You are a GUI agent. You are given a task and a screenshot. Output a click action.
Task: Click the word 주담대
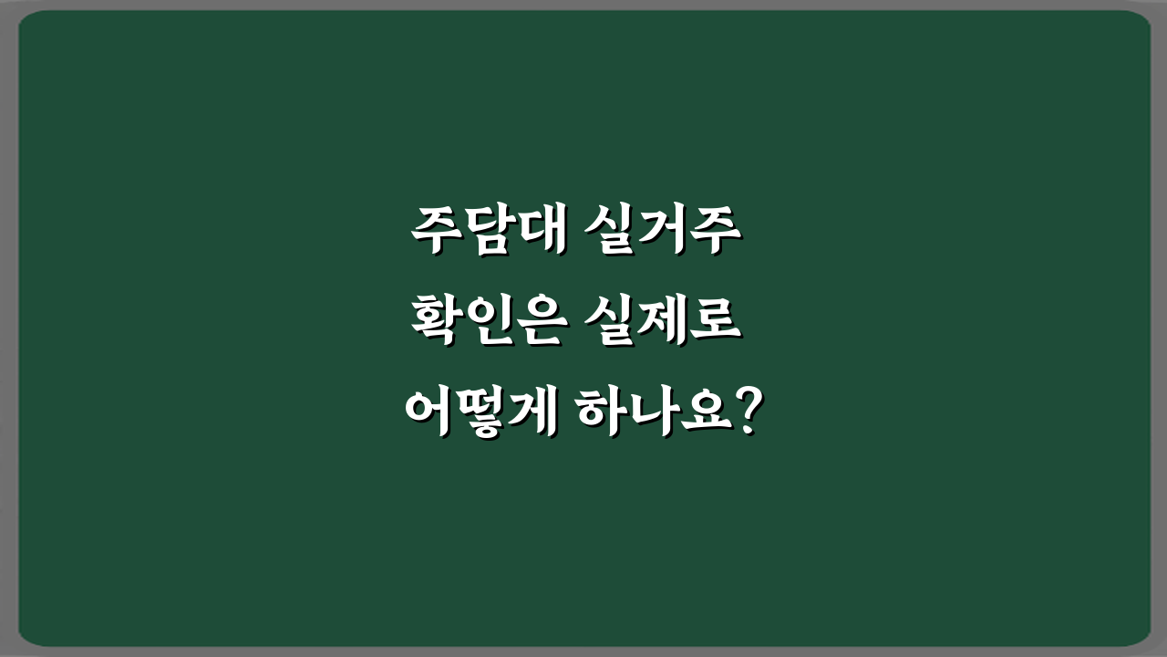[486, 232]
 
